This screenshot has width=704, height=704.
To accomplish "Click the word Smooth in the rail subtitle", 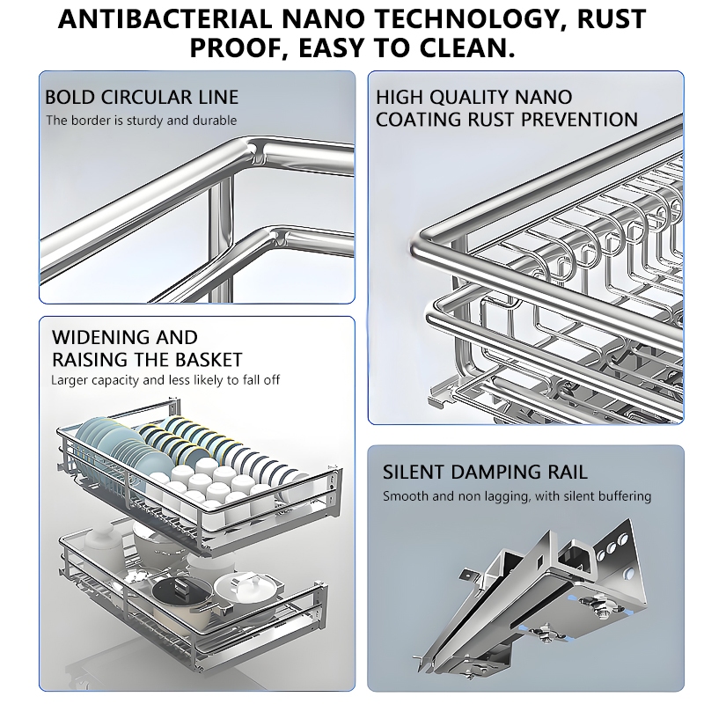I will click(x=405, y=496).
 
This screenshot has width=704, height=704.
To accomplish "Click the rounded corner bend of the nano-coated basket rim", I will click(x=421, y=236).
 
